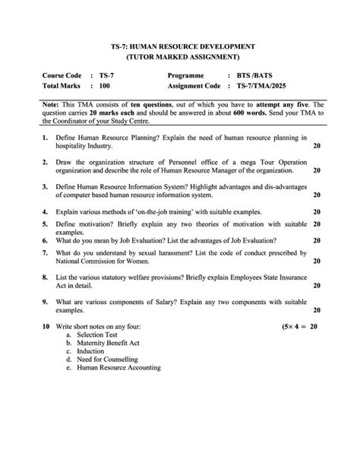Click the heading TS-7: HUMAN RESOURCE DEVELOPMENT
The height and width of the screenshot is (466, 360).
[x=181, y=47]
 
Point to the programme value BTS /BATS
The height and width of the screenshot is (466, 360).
[x=253, y=76]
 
